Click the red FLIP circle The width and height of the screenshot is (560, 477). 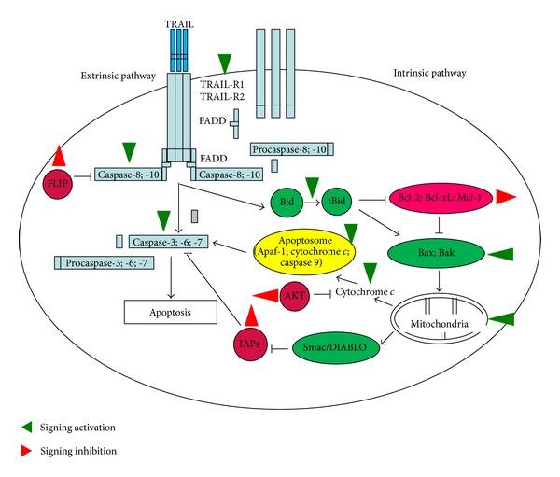point(58,185)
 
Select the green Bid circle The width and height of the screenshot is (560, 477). point(287,202)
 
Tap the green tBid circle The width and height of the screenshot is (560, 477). point(336,201)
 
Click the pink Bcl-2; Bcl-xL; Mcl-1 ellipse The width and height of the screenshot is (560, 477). point(441,198)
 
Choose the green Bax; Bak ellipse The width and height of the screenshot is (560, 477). point(436,253)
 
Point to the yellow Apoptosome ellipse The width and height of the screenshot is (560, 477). point(304,251)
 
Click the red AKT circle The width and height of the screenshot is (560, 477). point(295,296)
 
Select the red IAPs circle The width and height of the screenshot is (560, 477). point(250,344)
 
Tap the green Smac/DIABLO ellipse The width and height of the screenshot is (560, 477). point(336,347)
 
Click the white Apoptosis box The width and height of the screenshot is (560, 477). point(171,312)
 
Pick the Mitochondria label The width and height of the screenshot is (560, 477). point(440,324)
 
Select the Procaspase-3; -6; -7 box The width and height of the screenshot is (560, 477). point(105,263)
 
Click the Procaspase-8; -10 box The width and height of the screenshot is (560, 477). point(292,149)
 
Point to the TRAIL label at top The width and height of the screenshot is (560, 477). point(179,24)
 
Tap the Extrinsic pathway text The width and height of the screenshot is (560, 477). point(119,76)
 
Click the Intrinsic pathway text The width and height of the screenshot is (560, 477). point(429,73)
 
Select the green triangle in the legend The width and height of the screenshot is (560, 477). point(27,427)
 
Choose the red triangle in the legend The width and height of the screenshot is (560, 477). point(27,451)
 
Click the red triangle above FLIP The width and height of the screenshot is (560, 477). point(59,156)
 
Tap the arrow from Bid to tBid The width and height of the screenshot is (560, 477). point(312,202)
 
